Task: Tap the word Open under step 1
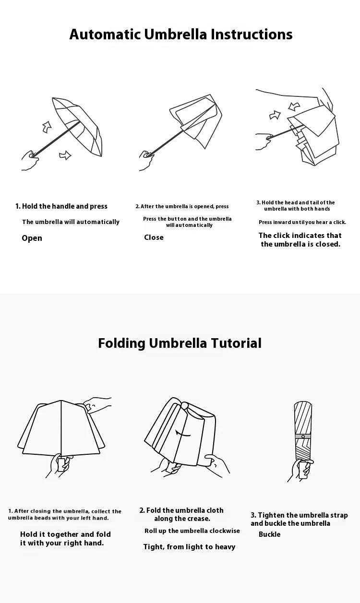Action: (32, 238)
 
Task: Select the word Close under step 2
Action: (154, 237)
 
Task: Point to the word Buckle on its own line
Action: (269, 534)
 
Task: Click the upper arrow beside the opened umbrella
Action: (47, 127)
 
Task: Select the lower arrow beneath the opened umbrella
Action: (65, 155)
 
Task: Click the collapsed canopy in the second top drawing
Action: (197, 120)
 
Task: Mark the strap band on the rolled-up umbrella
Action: (303, 436)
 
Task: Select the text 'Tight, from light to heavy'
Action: (189, 547)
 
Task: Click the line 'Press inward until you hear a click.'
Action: (302, 223)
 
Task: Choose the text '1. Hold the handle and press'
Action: (61, 206)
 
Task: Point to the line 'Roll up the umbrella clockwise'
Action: (192, 531)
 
